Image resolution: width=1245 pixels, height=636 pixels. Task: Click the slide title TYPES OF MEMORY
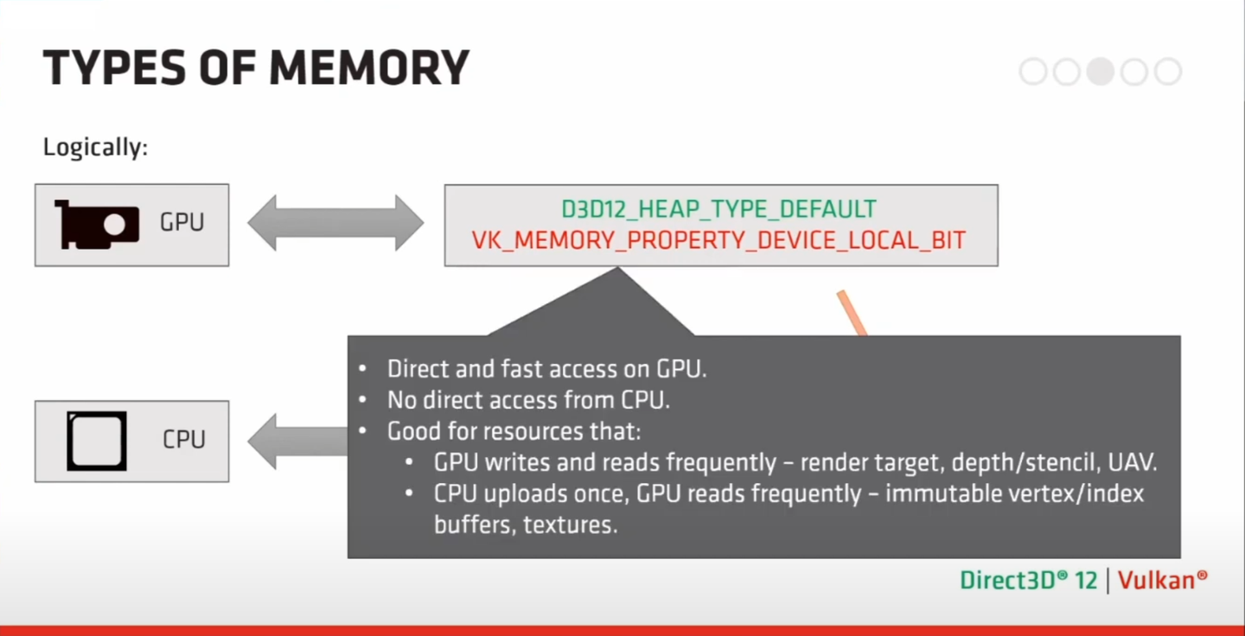[x=256, y=67]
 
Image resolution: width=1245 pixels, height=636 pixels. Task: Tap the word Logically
[x=95, y=148]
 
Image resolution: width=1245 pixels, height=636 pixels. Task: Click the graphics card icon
[x=97, y=225]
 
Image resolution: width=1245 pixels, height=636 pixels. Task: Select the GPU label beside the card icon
[x=182, y=223]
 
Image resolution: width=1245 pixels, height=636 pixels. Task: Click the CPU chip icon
[x=97, y=441]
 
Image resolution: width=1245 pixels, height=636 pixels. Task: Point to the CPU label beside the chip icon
[x=184, y=440]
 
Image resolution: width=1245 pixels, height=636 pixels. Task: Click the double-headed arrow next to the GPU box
[x=335, y=223]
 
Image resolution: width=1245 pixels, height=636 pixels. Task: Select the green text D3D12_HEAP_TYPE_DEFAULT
[x=718, y=209]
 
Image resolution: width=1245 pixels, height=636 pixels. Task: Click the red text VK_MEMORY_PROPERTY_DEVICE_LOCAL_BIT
[x=718, y=240]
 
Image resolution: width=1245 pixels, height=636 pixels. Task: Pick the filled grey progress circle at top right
[x=1100, y=71]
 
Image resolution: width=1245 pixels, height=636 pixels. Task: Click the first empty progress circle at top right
[x=1033, y=71]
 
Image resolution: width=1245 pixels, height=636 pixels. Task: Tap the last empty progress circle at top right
[x=1167, y=71]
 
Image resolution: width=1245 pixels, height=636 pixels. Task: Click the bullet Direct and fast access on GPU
[x=546, y=369]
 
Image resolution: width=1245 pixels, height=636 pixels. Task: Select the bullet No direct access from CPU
[x=528, y=400]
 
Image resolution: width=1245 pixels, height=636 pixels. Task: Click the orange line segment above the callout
[x=852, y=314]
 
